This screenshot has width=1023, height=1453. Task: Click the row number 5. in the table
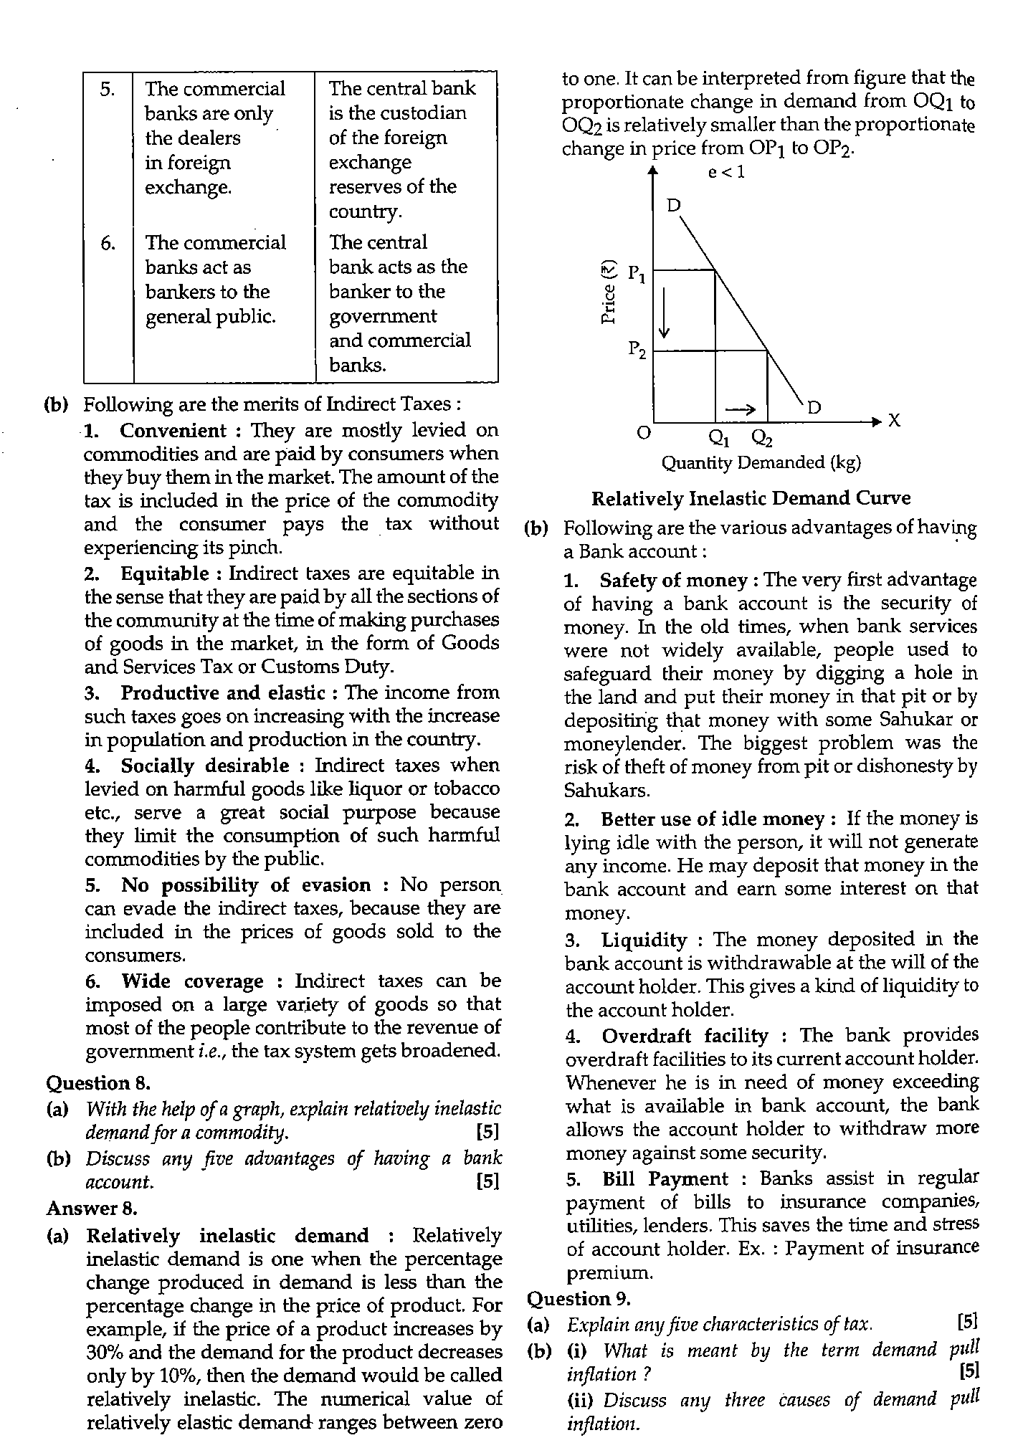[x=107, y=90]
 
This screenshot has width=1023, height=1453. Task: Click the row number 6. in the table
[x=107, y=244]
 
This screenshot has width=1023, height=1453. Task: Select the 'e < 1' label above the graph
[x=726, y=172]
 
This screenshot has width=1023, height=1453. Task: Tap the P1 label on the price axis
[x=637, y=273]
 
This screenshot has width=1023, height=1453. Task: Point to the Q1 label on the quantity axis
[x=717, y=437]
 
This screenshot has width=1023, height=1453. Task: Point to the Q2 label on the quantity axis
[x=761, y=437]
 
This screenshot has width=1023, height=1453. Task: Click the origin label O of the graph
[x=644, y=433]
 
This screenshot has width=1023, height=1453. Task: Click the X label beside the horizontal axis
[x=894, y=421]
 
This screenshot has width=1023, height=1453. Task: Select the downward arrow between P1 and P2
[x=665, y=313]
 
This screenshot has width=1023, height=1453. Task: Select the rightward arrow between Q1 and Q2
[x=740, y=409]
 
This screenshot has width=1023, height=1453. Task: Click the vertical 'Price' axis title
[x=609, y=294]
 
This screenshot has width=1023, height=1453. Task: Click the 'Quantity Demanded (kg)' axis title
[x=761, y=463]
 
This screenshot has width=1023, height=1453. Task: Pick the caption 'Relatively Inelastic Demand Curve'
[x=751, y=498]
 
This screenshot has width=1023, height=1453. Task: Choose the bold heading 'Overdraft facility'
[x=685, y=1036]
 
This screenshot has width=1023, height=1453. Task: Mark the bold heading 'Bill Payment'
[x=665, y=1179]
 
